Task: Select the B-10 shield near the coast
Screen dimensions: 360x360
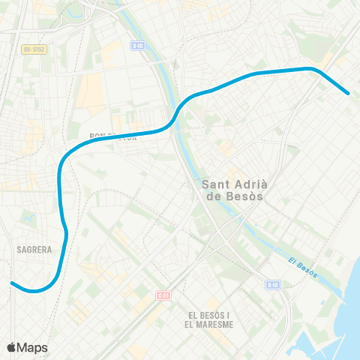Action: [272, 285]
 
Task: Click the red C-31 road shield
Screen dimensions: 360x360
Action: [163, 295]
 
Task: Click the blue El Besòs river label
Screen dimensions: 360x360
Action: [303, 266]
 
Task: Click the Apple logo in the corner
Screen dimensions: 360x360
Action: [11, 347]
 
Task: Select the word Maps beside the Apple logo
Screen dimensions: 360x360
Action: [32, 347]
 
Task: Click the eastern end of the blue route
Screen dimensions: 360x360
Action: [348, 93]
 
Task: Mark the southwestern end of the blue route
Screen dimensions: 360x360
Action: [12, 283]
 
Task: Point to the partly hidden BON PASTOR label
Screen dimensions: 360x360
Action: [112, 136]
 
